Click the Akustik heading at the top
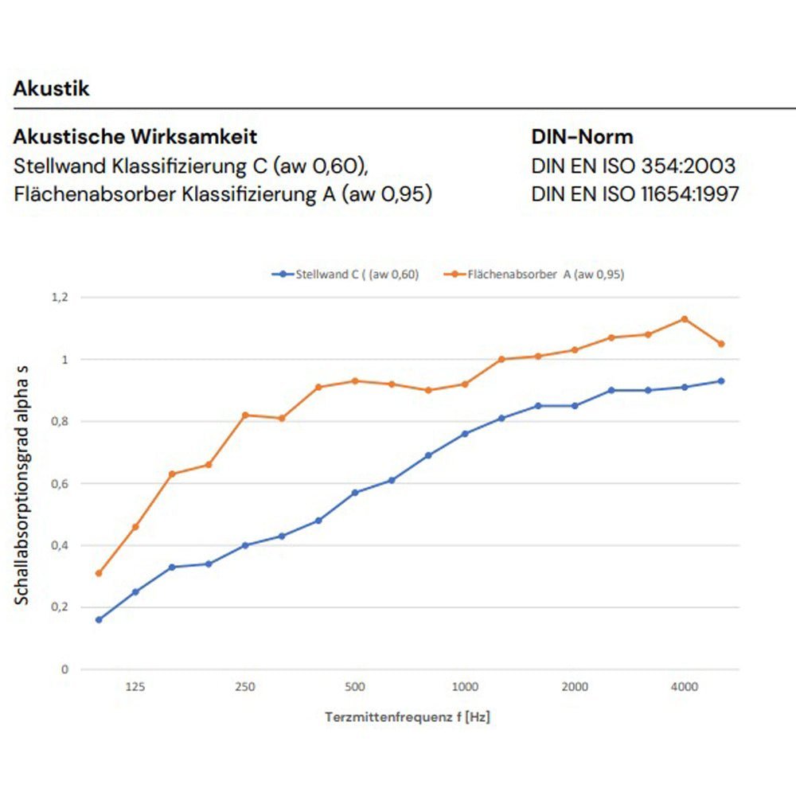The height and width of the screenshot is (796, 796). [x=51, y=88]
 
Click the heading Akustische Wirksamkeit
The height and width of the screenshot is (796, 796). [x=135, y=137]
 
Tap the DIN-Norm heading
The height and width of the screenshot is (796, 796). [x=582, y=137]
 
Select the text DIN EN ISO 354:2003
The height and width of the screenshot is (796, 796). [x=633, y=166]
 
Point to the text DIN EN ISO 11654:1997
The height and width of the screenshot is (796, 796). [x=634, y=193]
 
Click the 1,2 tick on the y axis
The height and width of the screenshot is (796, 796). [x=60, y=298]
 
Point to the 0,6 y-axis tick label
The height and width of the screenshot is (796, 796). [x=60, y=483]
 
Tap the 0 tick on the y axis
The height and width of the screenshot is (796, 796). [x=64, y=669]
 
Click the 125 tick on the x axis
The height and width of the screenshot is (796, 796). [x=135, y=687]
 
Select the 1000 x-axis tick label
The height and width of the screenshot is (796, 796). [x=465, y=687]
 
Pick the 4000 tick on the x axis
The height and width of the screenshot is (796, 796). [x=685, y=687]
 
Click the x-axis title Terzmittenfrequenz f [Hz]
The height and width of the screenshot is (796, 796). [x=407, y=717]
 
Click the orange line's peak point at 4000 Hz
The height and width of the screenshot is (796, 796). [x=685, y=319]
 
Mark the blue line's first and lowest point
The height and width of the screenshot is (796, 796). [x=99, y=619]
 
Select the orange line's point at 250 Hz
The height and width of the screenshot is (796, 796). [x=245, y=415]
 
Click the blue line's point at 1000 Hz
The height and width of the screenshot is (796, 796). [x=465, y=434]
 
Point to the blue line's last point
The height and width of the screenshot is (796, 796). [x=721, y=381]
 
